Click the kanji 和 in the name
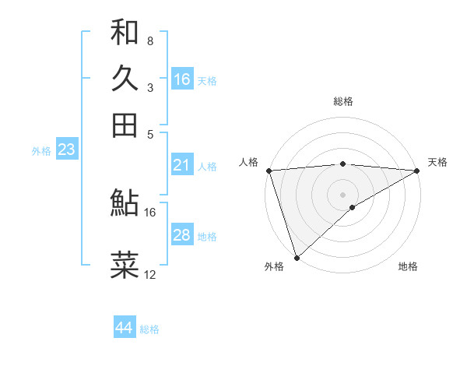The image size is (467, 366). (x=125, y=32)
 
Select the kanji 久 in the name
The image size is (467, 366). (x=125, y=78)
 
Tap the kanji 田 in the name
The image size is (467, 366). (x=125, y=125)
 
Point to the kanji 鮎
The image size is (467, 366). (x=125, y=203)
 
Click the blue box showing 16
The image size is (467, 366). (x=182, y=79)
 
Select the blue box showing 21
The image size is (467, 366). (x=182, y=165)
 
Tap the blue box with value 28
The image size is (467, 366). (x=182, y=235)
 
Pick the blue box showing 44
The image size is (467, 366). (x=125, y=328)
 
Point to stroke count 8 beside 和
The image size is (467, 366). (x=150, y=40)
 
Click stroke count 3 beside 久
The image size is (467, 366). (x=150, y=87)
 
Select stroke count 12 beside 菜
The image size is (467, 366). (x=150, y=274)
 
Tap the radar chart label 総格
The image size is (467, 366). (x=343, y=101)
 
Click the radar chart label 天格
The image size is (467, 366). (x=437, y=162)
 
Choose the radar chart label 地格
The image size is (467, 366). (x=408, y=266)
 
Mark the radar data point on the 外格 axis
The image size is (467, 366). (x=297, y=257)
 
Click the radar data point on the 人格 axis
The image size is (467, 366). (x=269, y=171)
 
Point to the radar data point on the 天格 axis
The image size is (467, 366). (x=417, y=171)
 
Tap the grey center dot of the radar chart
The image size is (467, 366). (x=343, y=194)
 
